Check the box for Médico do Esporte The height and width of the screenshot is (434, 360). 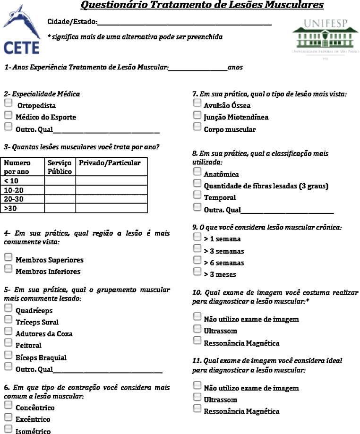pos(8,115)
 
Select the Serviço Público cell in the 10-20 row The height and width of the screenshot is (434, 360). pos(60,189)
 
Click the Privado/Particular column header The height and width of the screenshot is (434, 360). pos(110,163)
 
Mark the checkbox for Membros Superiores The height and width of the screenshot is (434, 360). pos(8,257)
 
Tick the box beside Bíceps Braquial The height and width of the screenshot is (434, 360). pos(8,355)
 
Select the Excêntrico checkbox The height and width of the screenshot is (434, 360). pos(8,417)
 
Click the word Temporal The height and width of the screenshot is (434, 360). pos(220,198)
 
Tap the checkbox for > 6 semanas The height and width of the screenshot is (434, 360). pos(197,260)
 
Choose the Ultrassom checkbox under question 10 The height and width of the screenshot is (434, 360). pos(197,329)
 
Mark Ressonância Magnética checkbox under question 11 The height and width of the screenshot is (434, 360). pos(197,408)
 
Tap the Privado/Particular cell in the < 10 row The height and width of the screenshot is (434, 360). pos(111,180)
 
